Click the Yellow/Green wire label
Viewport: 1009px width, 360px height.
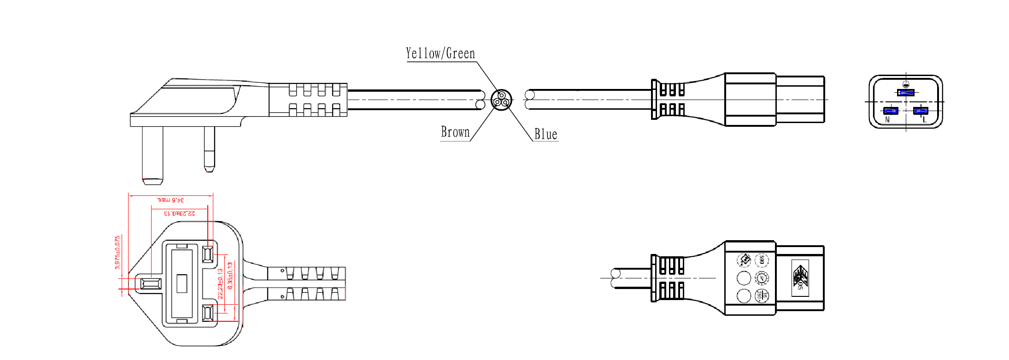click(440, 53)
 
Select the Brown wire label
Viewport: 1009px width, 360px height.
click(455, 132)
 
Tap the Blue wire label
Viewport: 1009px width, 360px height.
click(546, 135)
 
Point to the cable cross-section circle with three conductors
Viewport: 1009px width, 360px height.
click(501, 100)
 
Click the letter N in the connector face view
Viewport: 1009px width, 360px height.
click(888, 119)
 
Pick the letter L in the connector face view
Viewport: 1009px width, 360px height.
click(924, 119)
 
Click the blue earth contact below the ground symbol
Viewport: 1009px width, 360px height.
click(906, 93)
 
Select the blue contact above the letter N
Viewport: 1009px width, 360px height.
click(891, 111)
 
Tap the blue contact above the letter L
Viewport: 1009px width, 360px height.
click(921, 111)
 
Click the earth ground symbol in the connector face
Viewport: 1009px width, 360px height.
click(906, 84)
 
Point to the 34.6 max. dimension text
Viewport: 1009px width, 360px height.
click(171, 200)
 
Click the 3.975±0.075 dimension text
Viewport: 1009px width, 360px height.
click(117, 253)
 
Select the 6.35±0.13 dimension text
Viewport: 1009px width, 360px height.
click(230, 276)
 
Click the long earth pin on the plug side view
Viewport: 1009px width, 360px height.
click(153, 154)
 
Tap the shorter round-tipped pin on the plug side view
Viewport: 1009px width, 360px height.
click(209, 148)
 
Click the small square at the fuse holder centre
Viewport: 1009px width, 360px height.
click(182, 283)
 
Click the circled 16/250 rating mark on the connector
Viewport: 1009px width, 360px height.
click(762, 295)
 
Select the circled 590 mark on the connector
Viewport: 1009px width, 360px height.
click(762, 260)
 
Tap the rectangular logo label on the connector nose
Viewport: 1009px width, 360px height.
click(800, 278)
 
